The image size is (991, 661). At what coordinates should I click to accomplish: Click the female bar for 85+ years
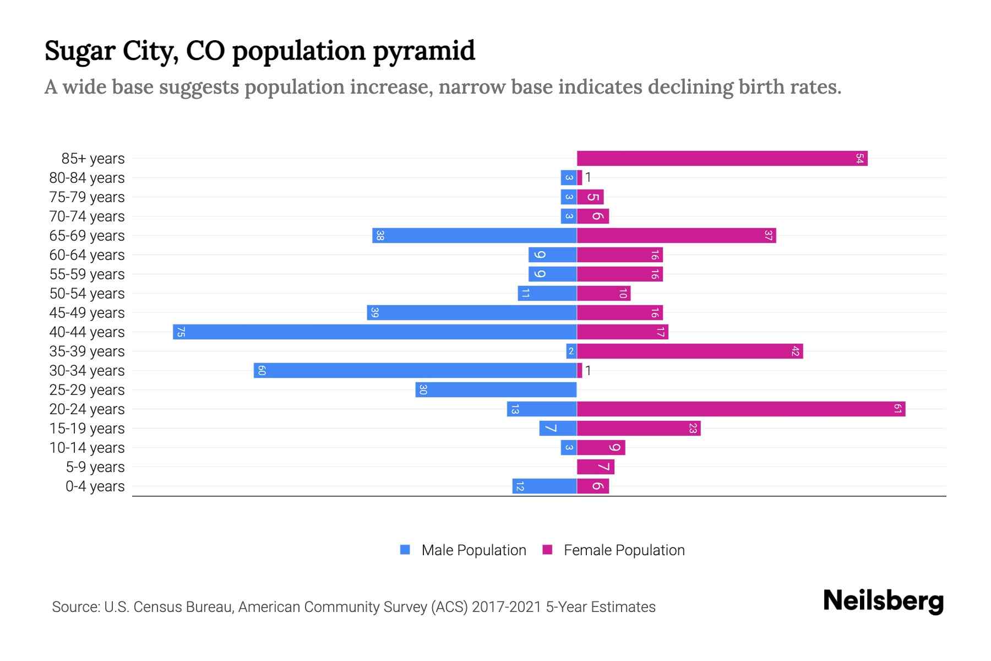[x=722, y=159]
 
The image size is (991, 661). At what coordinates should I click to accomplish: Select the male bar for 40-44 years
[x=374, y=332]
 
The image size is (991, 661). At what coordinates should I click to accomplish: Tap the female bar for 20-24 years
[x=741, y=409]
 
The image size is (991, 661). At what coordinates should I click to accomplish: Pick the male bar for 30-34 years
[x=415, y=371]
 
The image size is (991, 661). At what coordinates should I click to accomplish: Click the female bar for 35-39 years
[x=690, y=351]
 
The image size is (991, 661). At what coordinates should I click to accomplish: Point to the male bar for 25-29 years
[x=495, y=390]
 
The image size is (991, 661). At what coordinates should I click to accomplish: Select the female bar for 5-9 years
[x=595, y=467]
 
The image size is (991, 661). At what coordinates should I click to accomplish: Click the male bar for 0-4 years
[x=544, y=486]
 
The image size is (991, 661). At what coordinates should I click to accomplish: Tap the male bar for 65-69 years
[x=474, y=236]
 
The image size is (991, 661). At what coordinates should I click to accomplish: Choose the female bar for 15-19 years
[x=639, y=429]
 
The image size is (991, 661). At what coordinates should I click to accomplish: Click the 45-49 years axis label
[x=87, y=313]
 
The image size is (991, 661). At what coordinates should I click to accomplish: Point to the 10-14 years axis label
[x=87, y=448]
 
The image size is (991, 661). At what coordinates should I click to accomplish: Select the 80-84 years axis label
[x=87, y=178]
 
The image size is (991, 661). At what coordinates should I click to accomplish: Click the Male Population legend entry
[x=473, y=550]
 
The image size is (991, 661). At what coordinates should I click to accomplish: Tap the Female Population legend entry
[x=623, y=550]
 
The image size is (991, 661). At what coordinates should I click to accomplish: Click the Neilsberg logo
[x=883, y=601]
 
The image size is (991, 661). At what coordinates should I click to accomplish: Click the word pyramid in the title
[x=424, y=51]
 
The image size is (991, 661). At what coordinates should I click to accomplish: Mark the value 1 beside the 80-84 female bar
[x=588, y=177]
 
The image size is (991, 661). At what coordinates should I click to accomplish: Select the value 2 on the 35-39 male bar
[x=571, y=351]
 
